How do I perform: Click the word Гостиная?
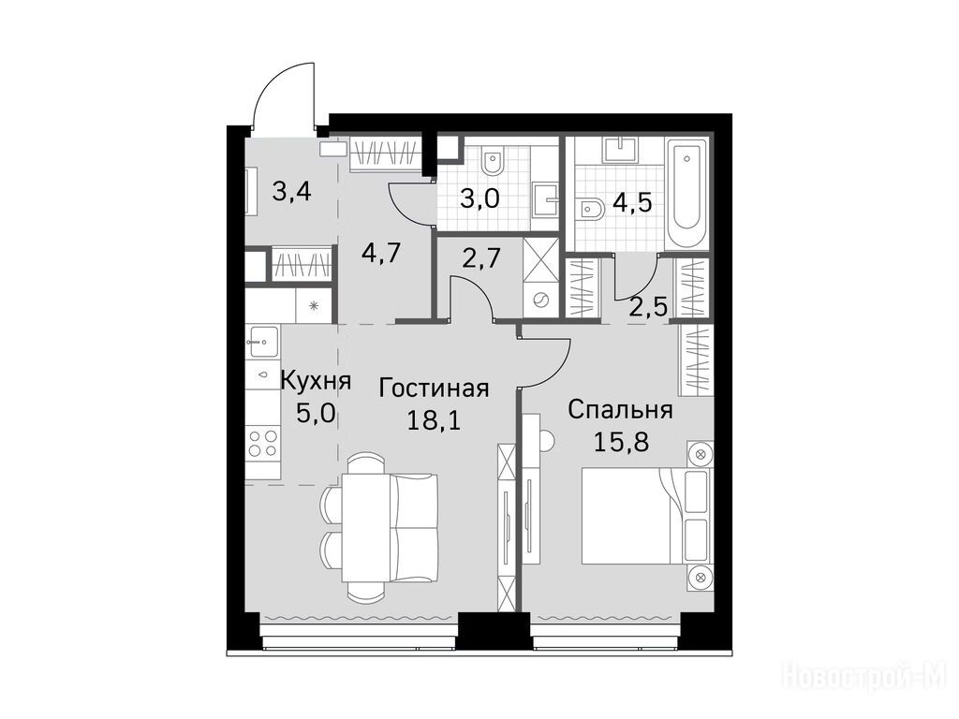(434, 389)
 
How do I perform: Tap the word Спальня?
(620, 410)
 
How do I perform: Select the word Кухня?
(316, 381)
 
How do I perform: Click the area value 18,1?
(434, 420)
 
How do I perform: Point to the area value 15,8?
(621, 442)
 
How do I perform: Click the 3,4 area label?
(292, 192)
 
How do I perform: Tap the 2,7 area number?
(482, 257)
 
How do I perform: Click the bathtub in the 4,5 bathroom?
(686, 193)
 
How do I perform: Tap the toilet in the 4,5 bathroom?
(590, 210)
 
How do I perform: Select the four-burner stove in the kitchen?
(263, 444)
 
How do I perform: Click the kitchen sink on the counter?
(263, 341)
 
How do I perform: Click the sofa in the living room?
(414, 527)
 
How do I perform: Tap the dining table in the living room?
(366, 527)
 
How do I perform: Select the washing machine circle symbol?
(540, 301)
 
